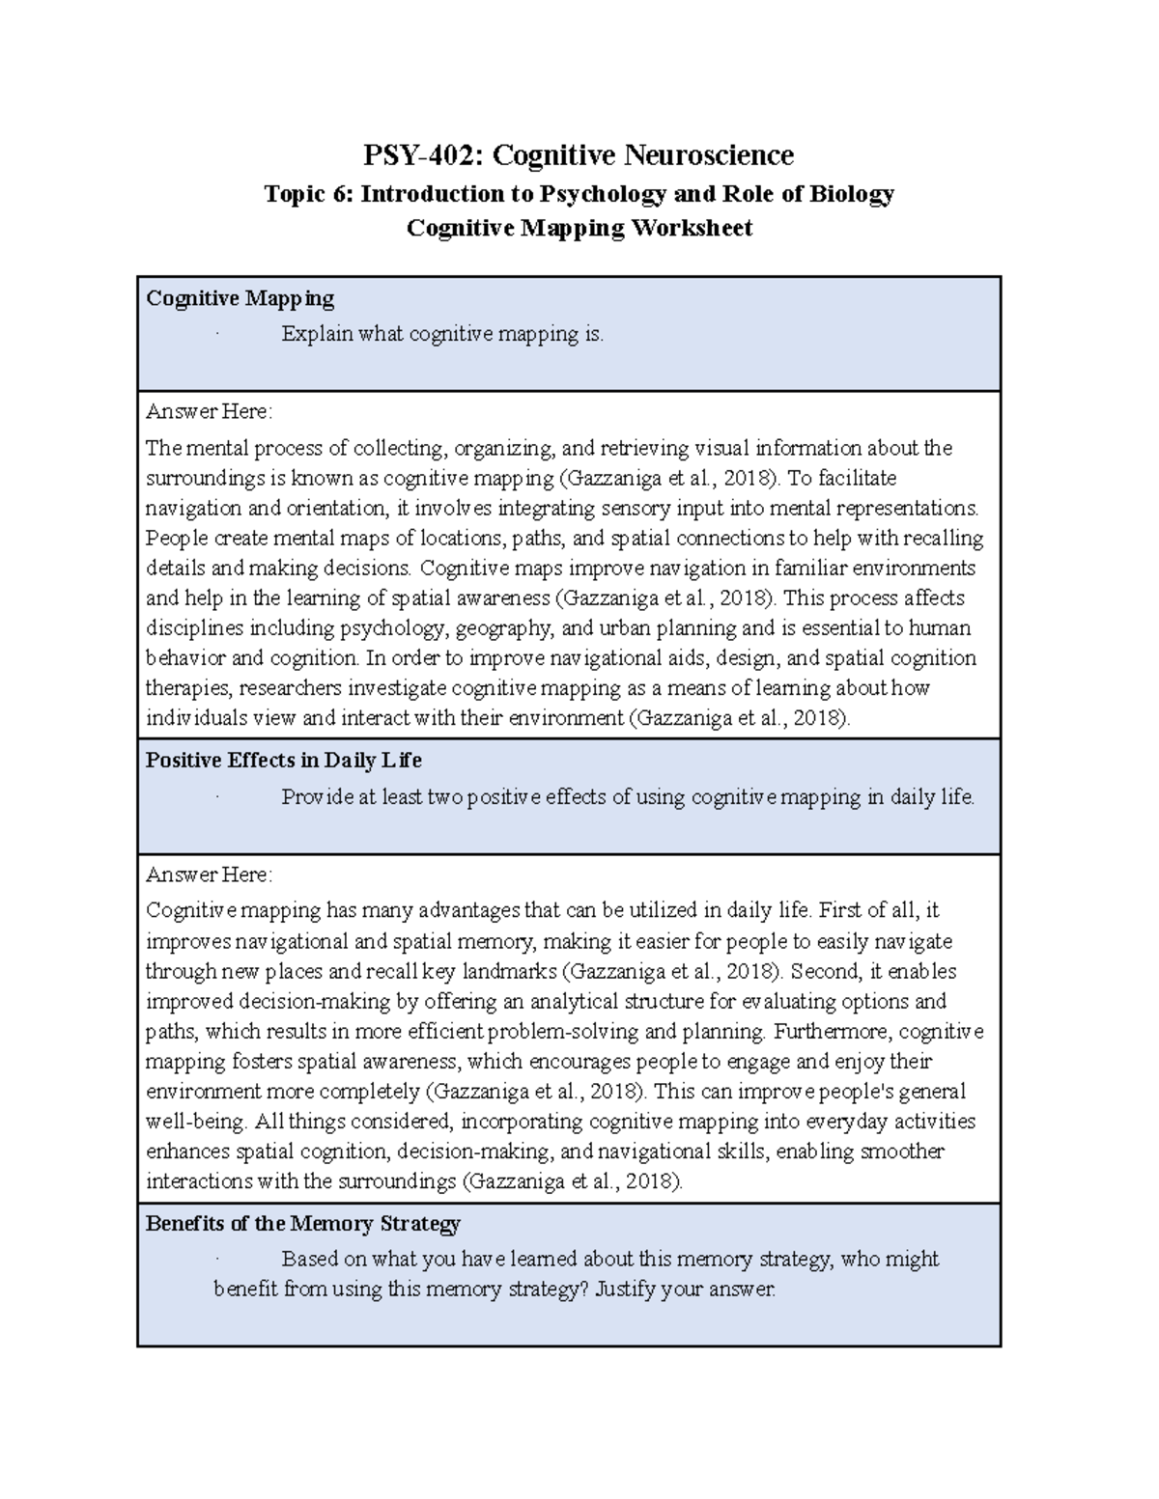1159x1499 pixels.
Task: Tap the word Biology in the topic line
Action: coord(852,194)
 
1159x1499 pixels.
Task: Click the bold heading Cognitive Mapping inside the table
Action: coord(240,298)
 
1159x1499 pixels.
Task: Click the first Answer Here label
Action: coord(209,412)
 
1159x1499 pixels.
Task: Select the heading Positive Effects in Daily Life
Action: coord(283,761)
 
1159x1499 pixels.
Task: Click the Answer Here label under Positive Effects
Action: coord(209,875)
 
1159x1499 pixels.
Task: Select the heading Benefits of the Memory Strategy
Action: coord(302,1224)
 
